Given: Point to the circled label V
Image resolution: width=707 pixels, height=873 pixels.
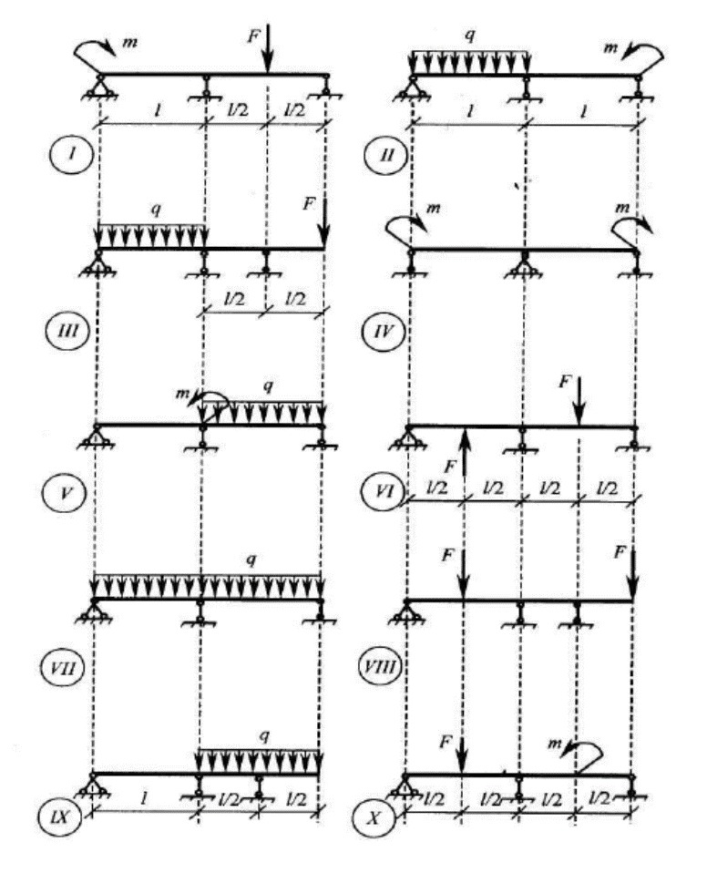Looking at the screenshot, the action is pos(70,496).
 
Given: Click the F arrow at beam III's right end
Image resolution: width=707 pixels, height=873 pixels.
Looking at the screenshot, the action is pos(324,224).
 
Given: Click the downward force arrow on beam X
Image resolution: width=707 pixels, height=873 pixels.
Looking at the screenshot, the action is pos(462,751).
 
